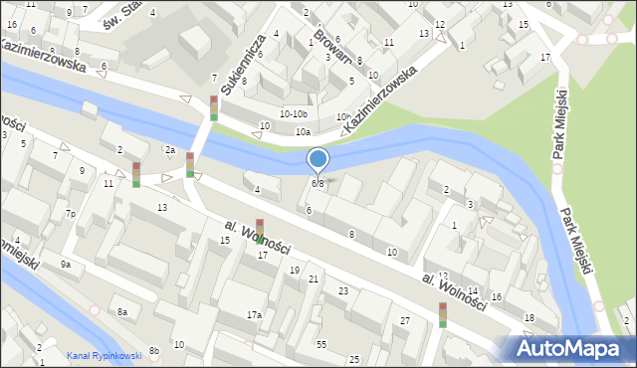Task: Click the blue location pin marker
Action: [x=318, y=159]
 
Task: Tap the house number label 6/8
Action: [x=318, y=183]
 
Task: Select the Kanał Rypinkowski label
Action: [x=105, y=356]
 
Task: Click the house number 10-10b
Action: [x=294, y=114]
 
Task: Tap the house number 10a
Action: [x=302, y=131]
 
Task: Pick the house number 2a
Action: [x=170, y=150]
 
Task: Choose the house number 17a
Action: [x=254, y=314]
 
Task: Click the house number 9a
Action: [x=66, y=265]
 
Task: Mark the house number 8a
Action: [x=122, y=312]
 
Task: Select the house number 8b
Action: [x=154, y=350]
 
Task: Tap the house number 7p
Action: [x=71, y=214]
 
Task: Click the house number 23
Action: [x=343, y=290]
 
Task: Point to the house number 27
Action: [x=405, y=320]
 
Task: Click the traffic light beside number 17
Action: [x=260, y=230]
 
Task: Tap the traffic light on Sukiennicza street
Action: [x=213, y=108]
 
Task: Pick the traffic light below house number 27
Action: [x=443, y=315]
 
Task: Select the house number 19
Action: [x=294, y=271]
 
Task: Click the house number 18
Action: [x=530, y=318]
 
